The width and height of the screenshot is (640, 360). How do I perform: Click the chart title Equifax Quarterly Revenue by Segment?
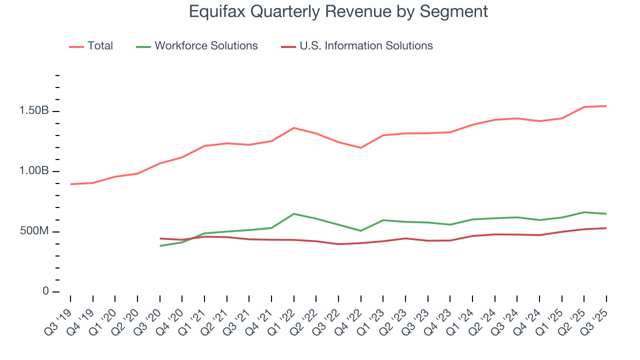338,12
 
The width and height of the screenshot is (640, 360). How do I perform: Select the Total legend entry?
100,46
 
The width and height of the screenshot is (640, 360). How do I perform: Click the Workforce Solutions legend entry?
206,46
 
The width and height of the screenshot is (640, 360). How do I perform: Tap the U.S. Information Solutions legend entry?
366,46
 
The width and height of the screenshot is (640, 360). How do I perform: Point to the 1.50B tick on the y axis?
34,111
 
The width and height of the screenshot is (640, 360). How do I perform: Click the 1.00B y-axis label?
34,171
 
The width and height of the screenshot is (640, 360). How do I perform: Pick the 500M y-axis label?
34,231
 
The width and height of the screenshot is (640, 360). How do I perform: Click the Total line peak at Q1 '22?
294,128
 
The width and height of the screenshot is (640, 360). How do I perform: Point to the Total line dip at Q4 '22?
361,147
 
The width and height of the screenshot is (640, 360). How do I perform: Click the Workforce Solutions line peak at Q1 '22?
294,214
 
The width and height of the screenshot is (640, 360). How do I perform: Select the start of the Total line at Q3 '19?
70,184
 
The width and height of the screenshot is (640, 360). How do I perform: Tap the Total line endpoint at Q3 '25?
606,106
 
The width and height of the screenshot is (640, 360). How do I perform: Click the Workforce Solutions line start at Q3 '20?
160,245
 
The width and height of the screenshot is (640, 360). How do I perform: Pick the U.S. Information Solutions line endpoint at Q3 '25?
606,228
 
